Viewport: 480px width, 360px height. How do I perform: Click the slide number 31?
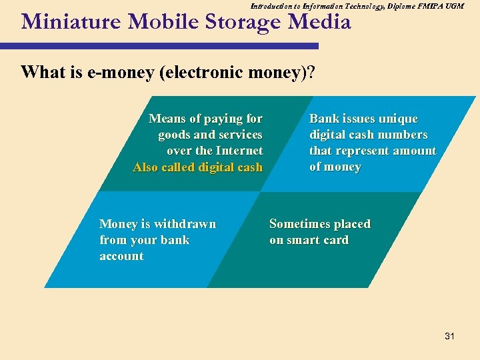click(449, 337)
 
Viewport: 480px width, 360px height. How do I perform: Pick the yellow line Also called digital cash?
click(198, 167)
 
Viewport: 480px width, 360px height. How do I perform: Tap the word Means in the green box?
click(167, 119)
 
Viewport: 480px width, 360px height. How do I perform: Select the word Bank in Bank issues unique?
click(324, 119)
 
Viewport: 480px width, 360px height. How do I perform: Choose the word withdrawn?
click(185, 224)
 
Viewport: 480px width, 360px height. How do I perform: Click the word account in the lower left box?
click(121, 256)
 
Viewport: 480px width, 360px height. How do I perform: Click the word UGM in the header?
click(453, 5)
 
